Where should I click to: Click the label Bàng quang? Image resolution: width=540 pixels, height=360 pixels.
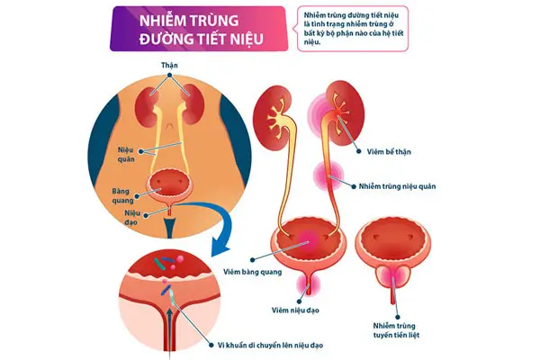(x=122, y=196)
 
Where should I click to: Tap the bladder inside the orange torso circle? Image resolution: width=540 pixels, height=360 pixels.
(x=170, y=184)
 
